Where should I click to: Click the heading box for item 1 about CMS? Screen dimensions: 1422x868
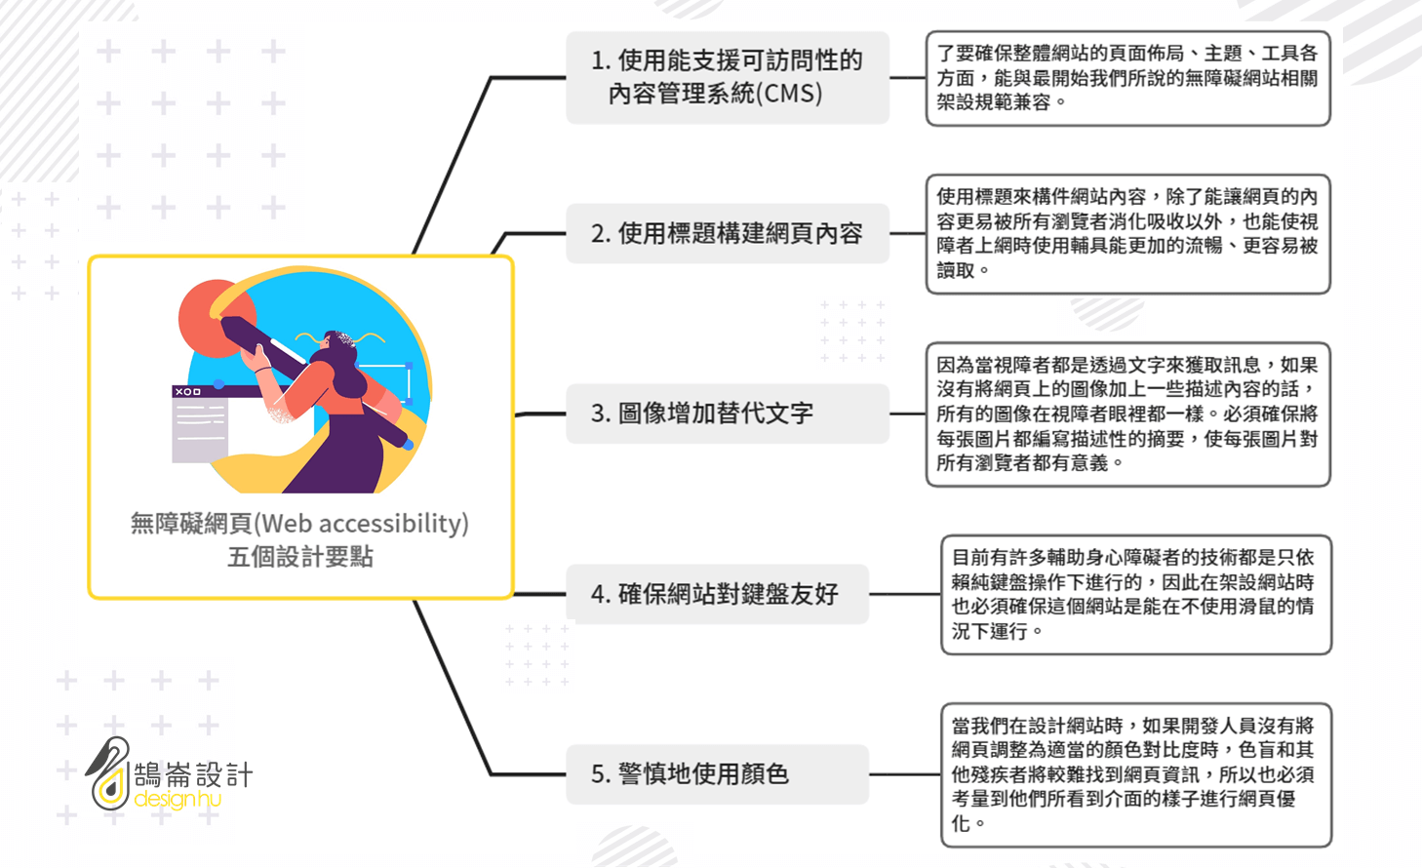pos(728,77)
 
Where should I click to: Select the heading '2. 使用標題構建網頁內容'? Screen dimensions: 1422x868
pos(728,233)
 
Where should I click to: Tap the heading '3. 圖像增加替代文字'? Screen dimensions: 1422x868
pos(728,414)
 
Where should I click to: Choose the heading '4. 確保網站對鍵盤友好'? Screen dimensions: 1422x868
pos(718,594)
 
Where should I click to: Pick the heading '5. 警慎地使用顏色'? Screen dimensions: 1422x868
pos(718,774)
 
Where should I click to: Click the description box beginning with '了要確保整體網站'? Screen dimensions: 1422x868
pos(1128,78)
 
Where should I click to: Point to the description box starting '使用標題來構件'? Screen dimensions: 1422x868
pos(1128,234)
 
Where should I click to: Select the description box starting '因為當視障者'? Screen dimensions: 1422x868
pos(1128,414)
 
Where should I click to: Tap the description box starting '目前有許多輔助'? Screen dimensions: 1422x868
pos(1136,594)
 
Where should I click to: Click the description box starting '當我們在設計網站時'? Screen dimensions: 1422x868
pos(1136,774)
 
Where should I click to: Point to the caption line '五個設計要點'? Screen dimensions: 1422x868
pos(300,557)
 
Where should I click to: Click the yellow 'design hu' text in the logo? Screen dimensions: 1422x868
pos(178,798)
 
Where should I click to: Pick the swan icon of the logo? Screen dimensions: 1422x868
pos(109,773)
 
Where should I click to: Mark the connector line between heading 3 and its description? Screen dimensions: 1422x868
pos(908,414)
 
